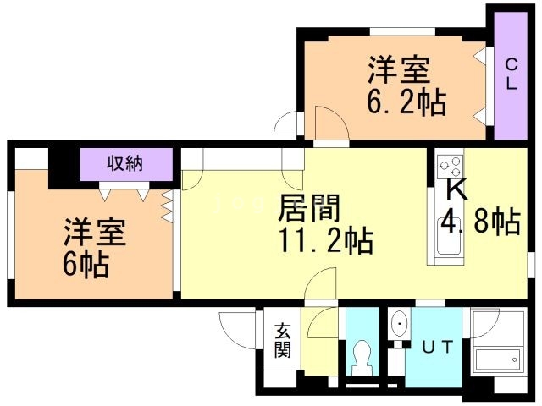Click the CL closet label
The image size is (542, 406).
point(512,74)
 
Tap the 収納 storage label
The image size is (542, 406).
point(125,163)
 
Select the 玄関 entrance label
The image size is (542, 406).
point(282,340)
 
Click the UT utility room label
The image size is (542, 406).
point(437,347)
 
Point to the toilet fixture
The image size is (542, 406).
point(362,358)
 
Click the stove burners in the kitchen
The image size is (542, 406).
point(450,167)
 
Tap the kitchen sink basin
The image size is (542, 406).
point(450,237)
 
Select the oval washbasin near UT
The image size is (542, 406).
point(400,325)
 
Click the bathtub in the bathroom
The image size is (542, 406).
point(497,359)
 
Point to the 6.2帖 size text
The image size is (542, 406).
point(406,103)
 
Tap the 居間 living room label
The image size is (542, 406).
point(309,208)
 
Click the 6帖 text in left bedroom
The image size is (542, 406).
point(86,265)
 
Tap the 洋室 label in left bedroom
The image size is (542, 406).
point(94,232)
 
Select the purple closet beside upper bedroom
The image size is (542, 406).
point(511,75)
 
